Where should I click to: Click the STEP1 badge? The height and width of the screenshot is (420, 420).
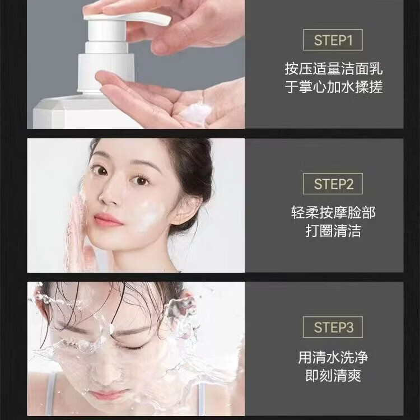pos(333,40)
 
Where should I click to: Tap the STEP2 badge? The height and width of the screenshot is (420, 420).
pos(333,184)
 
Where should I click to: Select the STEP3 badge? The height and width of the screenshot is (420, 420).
pos(333,327)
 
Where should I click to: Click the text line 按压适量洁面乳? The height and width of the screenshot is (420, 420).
pos(334,69)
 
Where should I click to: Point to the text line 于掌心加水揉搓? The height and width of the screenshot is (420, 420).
pos(334,88)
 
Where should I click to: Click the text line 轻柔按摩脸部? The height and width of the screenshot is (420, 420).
pos(333,213)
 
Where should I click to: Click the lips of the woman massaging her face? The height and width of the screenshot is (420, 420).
pos(108,220)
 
